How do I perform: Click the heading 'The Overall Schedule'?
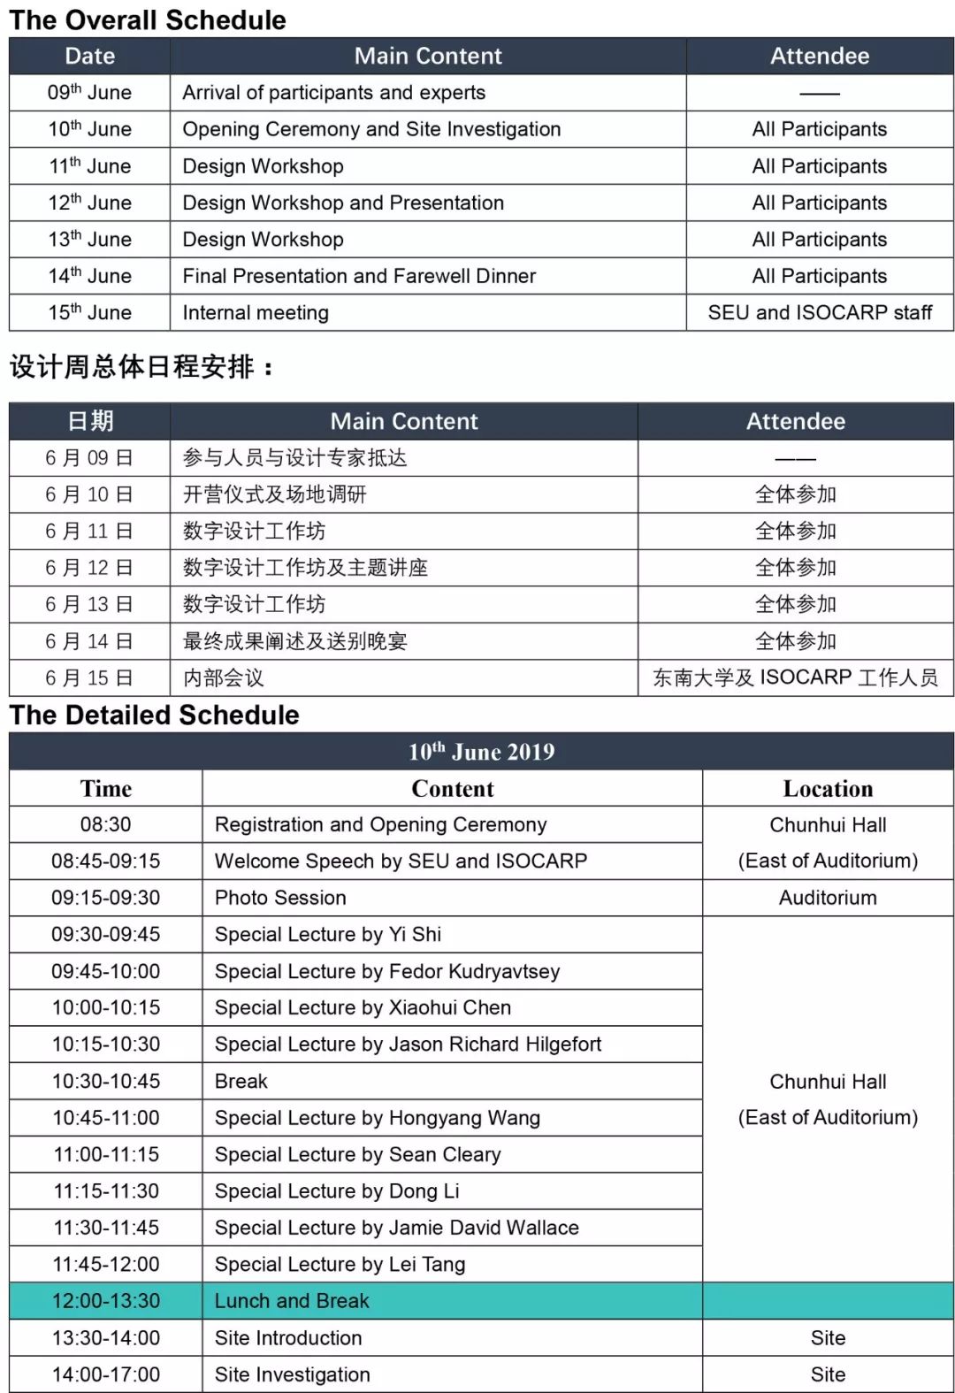[148, 19]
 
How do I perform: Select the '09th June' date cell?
[89, 93]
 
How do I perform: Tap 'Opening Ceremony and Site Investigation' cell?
[371, 129]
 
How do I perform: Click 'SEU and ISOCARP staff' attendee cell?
[820, 313]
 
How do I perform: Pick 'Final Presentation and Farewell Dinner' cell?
[359, 276]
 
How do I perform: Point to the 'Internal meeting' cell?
[256, 313]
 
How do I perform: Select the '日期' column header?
[89, 421]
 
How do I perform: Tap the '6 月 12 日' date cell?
[89, 568]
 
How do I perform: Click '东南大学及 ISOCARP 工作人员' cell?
[795, 678]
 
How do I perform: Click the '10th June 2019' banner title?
[481, 752]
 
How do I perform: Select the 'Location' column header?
[828, 788]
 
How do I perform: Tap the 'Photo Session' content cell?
[280, 898]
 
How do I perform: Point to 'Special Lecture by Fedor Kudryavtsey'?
[387, 971]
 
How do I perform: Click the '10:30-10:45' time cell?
[106, 1082]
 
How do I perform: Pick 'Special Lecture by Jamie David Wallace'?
[396, 1228]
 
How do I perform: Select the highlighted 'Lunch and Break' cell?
[292, 1301]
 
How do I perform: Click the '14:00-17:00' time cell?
[106, 1374]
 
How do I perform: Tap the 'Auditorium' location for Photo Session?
[828, 898]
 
